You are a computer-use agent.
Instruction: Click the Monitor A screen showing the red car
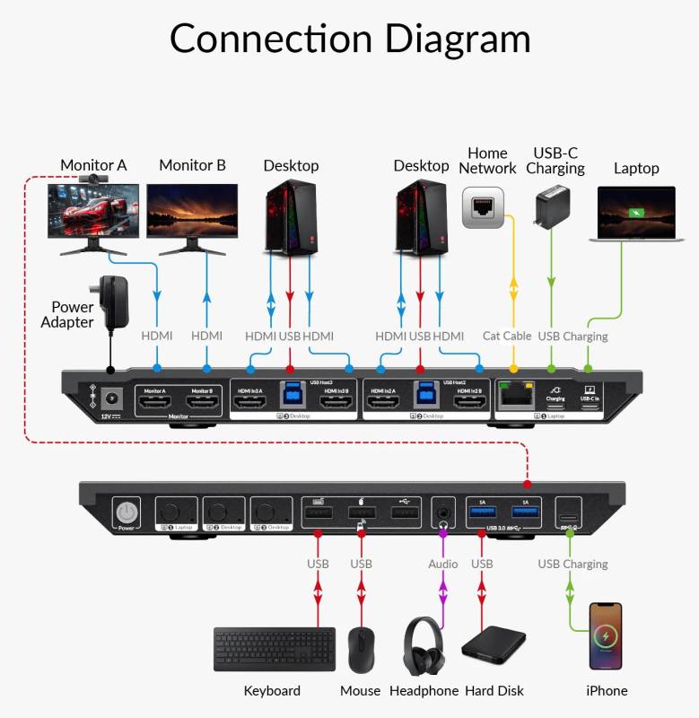pyautogui.click(x=93, y=212)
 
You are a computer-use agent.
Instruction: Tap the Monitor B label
pyautogui.click(x=192, y=165)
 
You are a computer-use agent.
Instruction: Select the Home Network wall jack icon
pyautogui.click(x=483, y=208)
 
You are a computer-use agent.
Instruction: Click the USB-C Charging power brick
pyautogui.click(x=551, y=209)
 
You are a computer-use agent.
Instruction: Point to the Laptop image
pyautogui.click(x=632, y=215)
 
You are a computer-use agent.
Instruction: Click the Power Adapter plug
pyautogui.click(x=114, y=297)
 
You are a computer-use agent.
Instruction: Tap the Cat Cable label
pyautogui.click(x=507, y=336)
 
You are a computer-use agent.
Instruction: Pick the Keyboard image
pyautogui.click(x=274, y=650)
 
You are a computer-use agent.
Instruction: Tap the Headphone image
pyautogui.click(x=423, y=645)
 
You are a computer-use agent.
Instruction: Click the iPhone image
pyautogui.click(x=606, y=635)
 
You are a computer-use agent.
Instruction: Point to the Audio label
pyautogui.click(x=442, y=564)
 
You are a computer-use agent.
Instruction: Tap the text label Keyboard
pyautogui.click(x=272, y=690)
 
